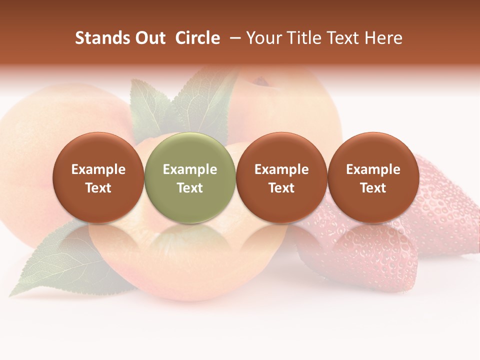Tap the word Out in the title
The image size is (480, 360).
[x=151, y=38]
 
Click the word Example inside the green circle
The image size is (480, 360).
[x=190, y=169]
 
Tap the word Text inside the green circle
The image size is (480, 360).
[x=190, y=187]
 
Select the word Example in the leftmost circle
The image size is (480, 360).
[x=98, y=169]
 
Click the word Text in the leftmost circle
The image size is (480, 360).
[x=98, y=187]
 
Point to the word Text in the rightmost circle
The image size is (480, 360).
[x=373, y=187]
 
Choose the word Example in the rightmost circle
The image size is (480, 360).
[x=373, y=169]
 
